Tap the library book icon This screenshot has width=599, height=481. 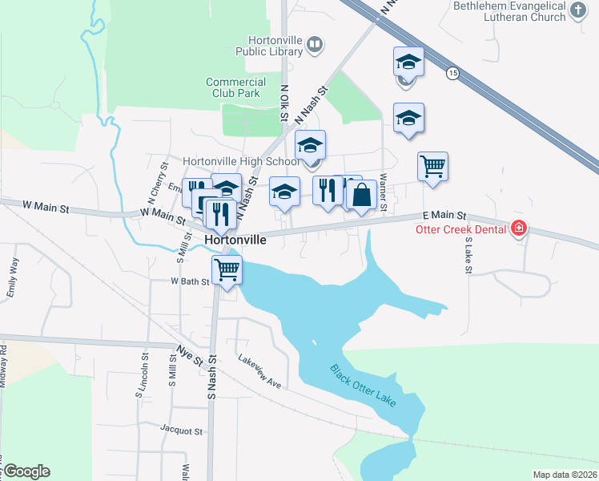point(315,45)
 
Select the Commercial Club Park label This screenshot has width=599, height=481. point(235,87)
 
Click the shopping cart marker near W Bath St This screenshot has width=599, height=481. point(227,270)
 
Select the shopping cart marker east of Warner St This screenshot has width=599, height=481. point(432,167)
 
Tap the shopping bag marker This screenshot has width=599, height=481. point(362,195)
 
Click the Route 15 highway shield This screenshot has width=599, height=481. point(453,73)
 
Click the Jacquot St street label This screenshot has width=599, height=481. point(181,430)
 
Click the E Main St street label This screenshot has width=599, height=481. point(444,216)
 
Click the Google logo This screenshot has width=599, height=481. point(26,471)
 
